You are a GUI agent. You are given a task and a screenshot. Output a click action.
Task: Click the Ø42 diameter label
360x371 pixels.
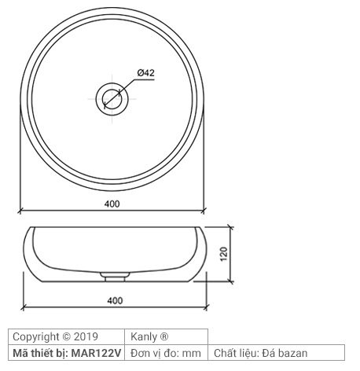click(145, 73)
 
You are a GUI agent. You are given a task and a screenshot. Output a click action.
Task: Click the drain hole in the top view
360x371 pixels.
click(112, 98)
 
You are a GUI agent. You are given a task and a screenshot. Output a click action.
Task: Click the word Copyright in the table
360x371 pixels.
click(36, 336)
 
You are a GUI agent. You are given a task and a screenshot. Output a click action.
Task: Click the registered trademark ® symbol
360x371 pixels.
click(163, 336)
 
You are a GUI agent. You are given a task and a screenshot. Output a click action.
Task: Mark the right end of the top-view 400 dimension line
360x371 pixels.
click(206, 211)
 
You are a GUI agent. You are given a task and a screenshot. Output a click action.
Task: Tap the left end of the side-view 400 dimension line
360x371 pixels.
click(24, 306)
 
